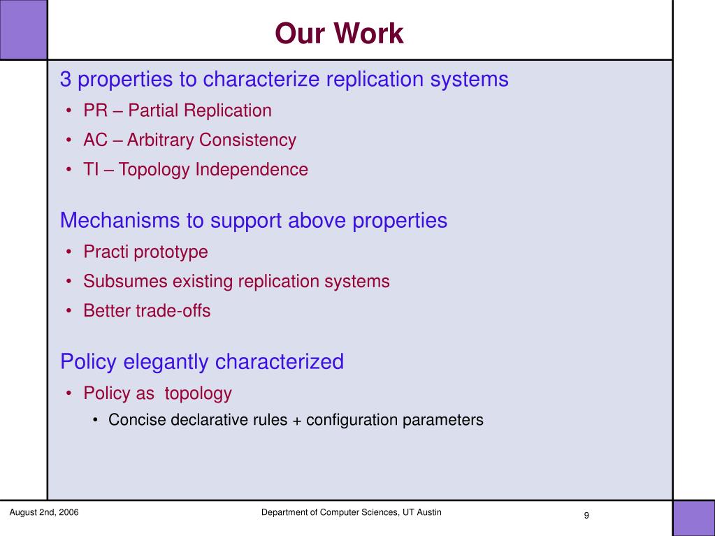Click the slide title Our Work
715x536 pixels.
(339, 34)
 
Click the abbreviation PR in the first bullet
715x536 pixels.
(96, 110)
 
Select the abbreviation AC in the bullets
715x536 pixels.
(96, 140)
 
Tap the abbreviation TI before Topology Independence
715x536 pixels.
(91, 170)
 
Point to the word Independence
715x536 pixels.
(252, 170)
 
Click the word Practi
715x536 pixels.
(106, 252)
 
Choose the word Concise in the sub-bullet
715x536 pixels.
(137, 420)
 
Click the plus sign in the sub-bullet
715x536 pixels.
(297, 421)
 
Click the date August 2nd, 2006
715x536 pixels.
(44, 512)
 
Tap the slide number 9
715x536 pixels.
(586, 516)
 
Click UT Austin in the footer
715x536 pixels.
(423, 512)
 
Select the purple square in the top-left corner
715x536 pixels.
(23, 29)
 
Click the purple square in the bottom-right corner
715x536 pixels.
(694, 519)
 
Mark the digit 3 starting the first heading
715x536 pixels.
(66, 79)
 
